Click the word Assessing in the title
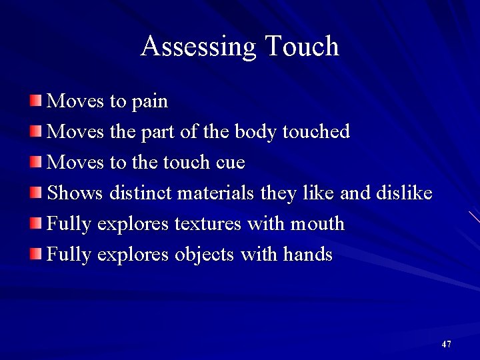pos(199,47)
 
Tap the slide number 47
pos(446,344)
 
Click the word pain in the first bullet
pos(150,102)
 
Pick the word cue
pos(230,163)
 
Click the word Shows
pos(75,193)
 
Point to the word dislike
pos(404,193)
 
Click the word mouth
pos(317,224)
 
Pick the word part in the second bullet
pos(158,133)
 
